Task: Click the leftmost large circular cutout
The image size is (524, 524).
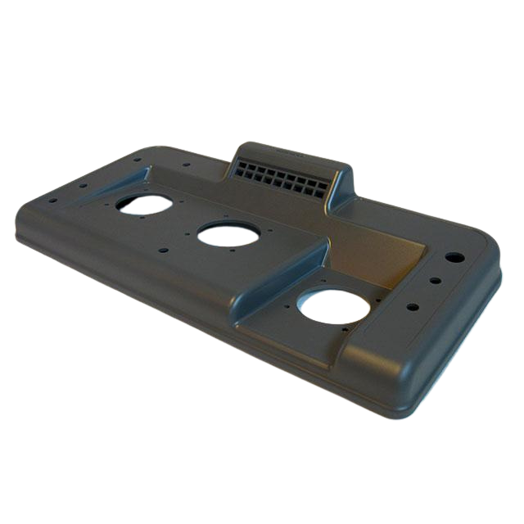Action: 143,203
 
